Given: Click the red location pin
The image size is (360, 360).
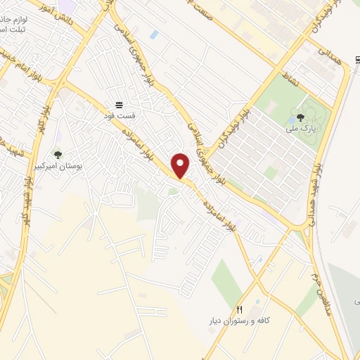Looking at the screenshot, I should (181, 165).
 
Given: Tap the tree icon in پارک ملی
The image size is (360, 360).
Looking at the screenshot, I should (300, 117).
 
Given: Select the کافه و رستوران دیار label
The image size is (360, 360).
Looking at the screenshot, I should (240, 320).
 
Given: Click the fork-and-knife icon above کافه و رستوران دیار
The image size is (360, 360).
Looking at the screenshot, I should (240, 309).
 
